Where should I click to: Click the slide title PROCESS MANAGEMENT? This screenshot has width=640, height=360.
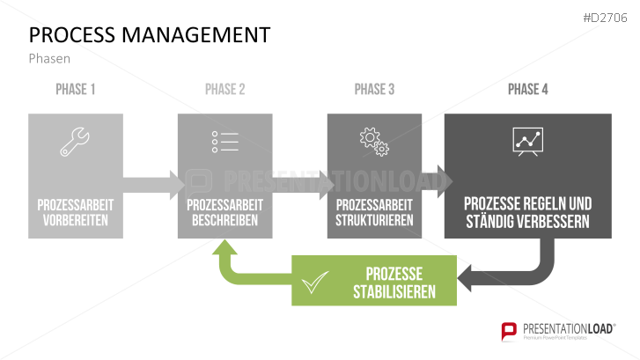click(150, 35)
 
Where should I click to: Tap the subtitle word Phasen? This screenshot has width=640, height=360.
click(49, 59)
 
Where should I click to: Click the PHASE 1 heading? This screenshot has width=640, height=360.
click(76, 90)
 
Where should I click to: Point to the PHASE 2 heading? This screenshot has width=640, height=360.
click(224, 90)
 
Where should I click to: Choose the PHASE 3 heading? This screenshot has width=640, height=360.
click(375, 90)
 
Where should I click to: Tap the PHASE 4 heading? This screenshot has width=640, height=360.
click(527, 90)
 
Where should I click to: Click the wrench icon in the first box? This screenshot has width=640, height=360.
click(75, 143)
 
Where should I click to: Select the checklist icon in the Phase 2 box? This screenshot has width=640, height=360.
click(224, 143)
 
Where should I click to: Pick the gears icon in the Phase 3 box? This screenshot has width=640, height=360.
click(374, 143)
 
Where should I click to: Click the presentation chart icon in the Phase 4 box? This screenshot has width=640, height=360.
click(527, 142)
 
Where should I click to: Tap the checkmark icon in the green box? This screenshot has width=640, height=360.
click(314, 283)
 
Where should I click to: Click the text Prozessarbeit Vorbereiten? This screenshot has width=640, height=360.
click(76, 212)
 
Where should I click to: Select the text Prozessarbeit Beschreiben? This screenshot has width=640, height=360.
click(224, 212)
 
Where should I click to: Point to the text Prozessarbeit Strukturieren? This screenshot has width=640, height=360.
click(375, 212)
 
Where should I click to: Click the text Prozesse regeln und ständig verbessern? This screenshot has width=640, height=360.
click(527, 212)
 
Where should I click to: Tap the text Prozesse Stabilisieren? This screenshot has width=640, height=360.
click(394, 282)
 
